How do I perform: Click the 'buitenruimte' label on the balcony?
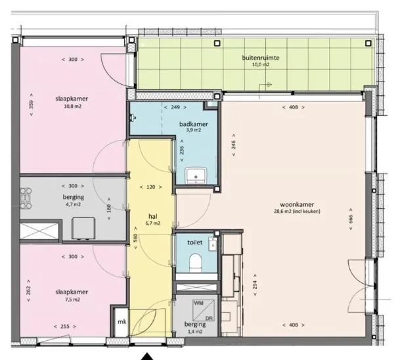click(261, 58)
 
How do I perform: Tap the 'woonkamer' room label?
click(297, 204)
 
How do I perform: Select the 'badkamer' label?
click(194, 124)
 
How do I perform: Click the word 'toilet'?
click(195, 242)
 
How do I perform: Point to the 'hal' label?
click(153, 216)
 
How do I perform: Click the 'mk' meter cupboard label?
click(122, 322)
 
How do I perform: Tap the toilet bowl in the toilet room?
click(196, 263)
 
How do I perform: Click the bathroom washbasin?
click(196, 175)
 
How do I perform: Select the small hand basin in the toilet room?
click(213, 244)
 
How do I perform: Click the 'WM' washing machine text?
click(198, 304)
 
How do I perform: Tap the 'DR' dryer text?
click(209, 318)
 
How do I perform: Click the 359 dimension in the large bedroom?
click(31, 104)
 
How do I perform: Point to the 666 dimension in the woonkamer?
click(351, 219)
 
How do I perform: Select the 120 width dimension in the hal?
click(151, 187)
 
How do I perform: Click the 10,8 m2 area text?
click(73, 106)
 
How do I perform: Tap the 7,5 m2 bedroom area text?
click(73, 300)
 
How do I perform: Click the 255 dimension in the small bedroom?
click(65, 326)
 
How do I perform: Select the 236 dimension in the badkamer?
click(182, 150)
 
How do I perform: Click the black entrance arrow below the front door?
click(148, 357)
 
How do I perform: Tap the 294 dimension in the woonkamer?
click(255, 285)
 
